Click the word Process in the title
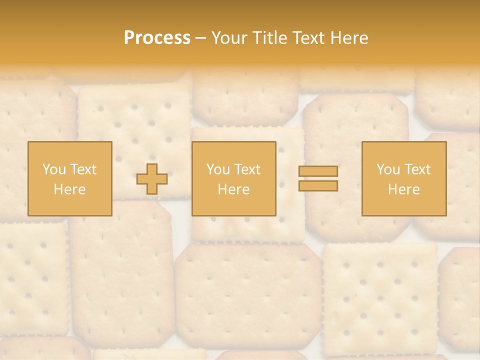click(157, 38)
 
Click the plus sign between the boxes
click(152, 179)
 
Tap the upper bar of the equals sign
click(318, 171)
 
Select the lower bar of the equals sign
click(318, 185)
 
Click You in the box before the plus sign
click(54, 169)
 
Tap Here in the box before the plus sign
click(69, 189)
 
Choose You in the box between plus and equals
click(218, 169)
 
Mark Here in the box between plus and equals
click(233, 189)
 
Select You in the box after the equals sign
click(388, 169)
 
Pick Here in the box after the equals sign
click(403, 189)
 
